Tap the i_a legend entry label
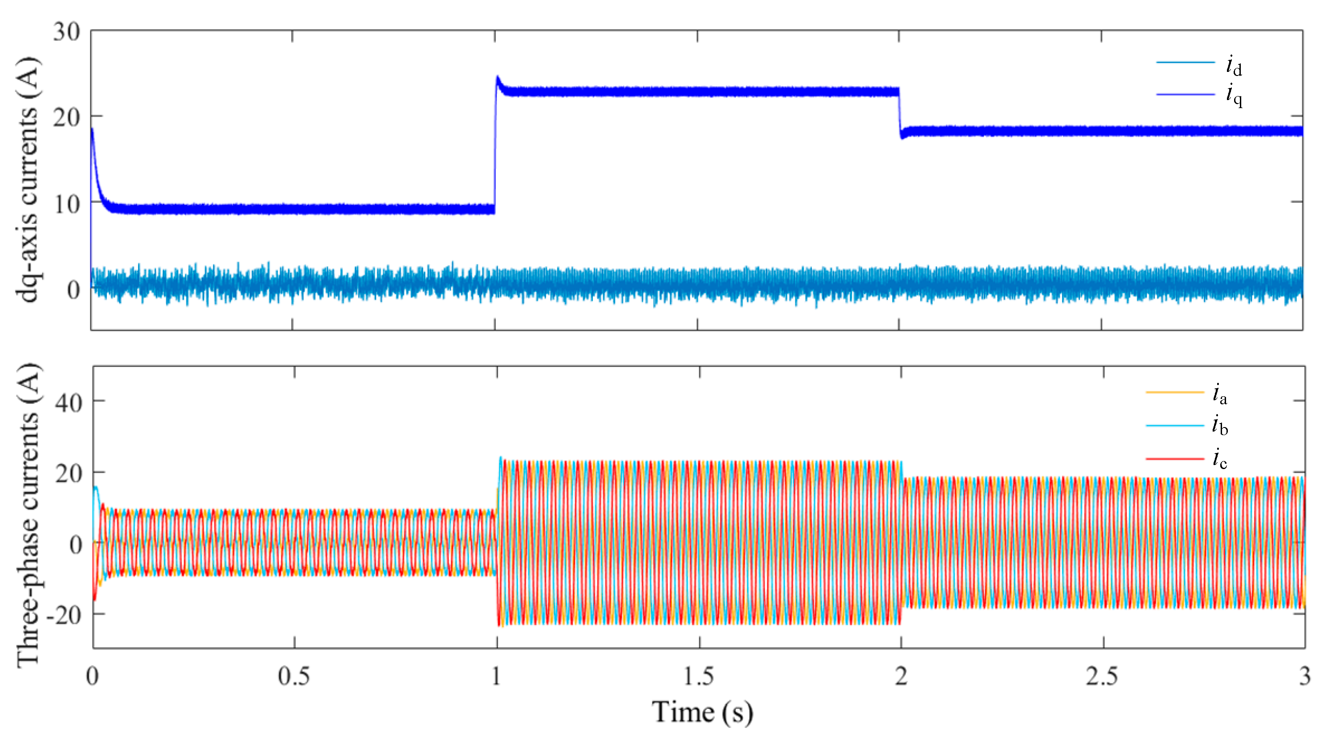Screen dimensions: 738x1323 coord(1220,394)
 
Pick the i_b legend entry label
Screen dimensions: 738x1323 coord(1220,426)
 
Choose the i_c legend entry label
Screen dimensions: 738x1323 coord(1220,458)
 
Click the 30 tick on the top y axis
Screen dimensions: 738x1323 coord(67,32)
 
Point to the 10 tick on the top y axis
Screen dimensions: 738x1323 coord(67,205)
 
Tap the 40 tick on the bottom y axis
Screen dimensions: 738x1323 coord(68,402)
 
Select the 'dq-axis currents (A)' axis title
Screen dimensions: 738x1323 coord(27,180)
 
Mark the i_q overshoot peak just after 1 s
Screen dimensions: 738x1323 coord(498,77)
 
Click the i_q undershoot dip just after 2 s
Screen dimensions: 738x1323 coord(902,138)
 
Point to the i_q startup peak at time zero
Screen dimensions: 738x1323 coord(92,128)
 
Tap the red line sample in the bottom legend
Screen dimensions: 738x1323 coord(1175,458)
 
